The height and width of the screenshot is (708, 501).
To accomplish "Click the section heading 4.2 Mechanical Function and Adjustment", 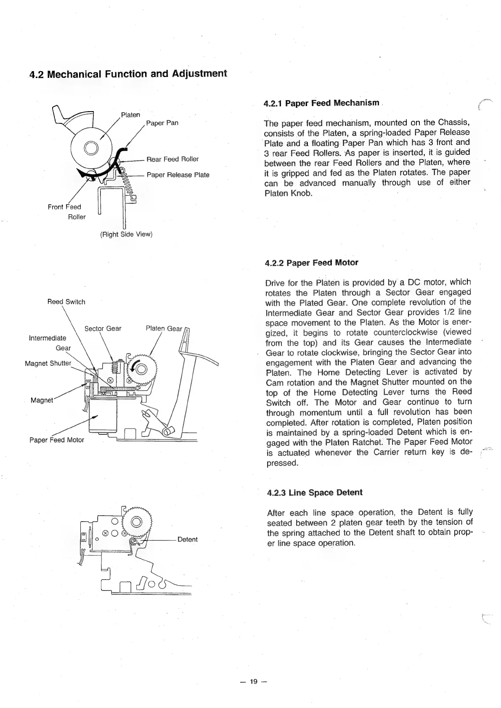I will point(128,74).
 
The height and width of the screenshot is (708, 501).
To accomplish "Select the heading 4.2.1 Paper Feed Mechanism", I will point(322,103).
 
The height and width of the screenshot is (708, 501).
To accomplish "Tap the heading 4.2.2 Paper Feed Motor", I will point(312,263).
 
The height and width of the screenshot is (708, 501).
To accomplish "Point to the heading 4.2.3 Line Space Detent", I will point(315,492).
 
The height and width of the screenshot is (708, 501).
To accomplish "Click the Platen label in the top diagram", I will point(130,114).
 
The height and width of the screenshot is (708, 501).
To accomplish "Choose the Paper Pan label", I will point(162,123).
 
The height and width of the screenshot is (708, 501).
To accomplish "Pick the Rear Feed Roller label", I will point(172,159).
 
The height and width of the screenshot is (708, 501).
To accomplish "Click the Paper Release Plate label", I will point(178,175).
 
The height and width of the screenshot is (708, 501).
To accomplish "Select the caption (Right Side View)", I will point(126,234).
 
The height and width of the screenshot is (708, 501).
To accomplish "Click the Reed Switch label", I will point(66,302).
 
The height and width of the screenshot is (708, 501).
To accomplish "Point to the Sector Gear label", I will point(103,328).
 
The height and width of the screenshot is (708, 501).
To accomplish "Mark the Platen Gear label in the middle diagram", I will point(164,328).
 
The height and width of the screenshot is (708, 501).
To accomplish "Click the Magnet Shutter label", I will point(48,363).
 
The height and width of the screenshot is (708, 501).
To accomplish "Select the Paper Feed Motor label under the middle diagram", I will point(57,440).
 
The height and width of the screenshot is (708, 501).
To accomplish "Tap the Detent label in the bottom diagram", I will point(188,539).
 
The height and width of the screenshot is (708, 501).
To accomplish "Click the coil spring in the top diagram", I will point(129,185).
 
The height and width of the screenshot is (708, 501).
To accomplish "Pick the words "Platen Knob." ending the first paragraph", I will point(289,193).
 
